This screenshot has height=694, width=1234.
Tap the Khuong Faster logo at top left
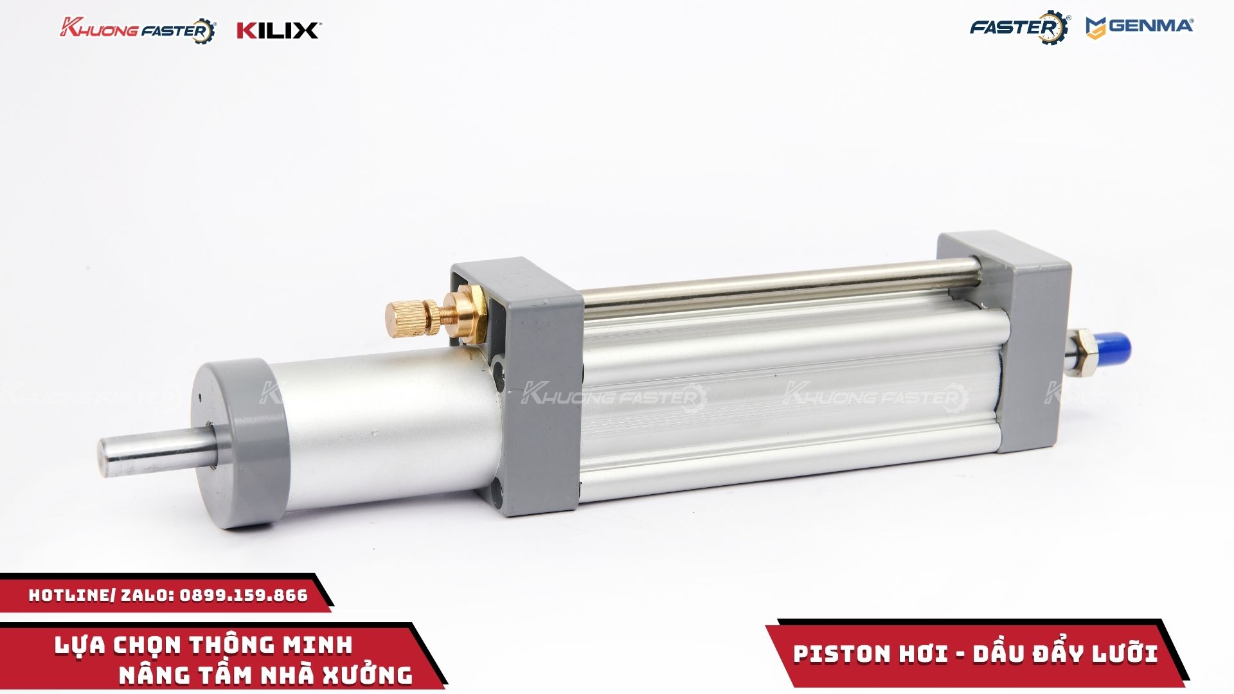138,30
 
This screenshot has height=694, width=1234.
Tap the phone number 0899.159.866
244,595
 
